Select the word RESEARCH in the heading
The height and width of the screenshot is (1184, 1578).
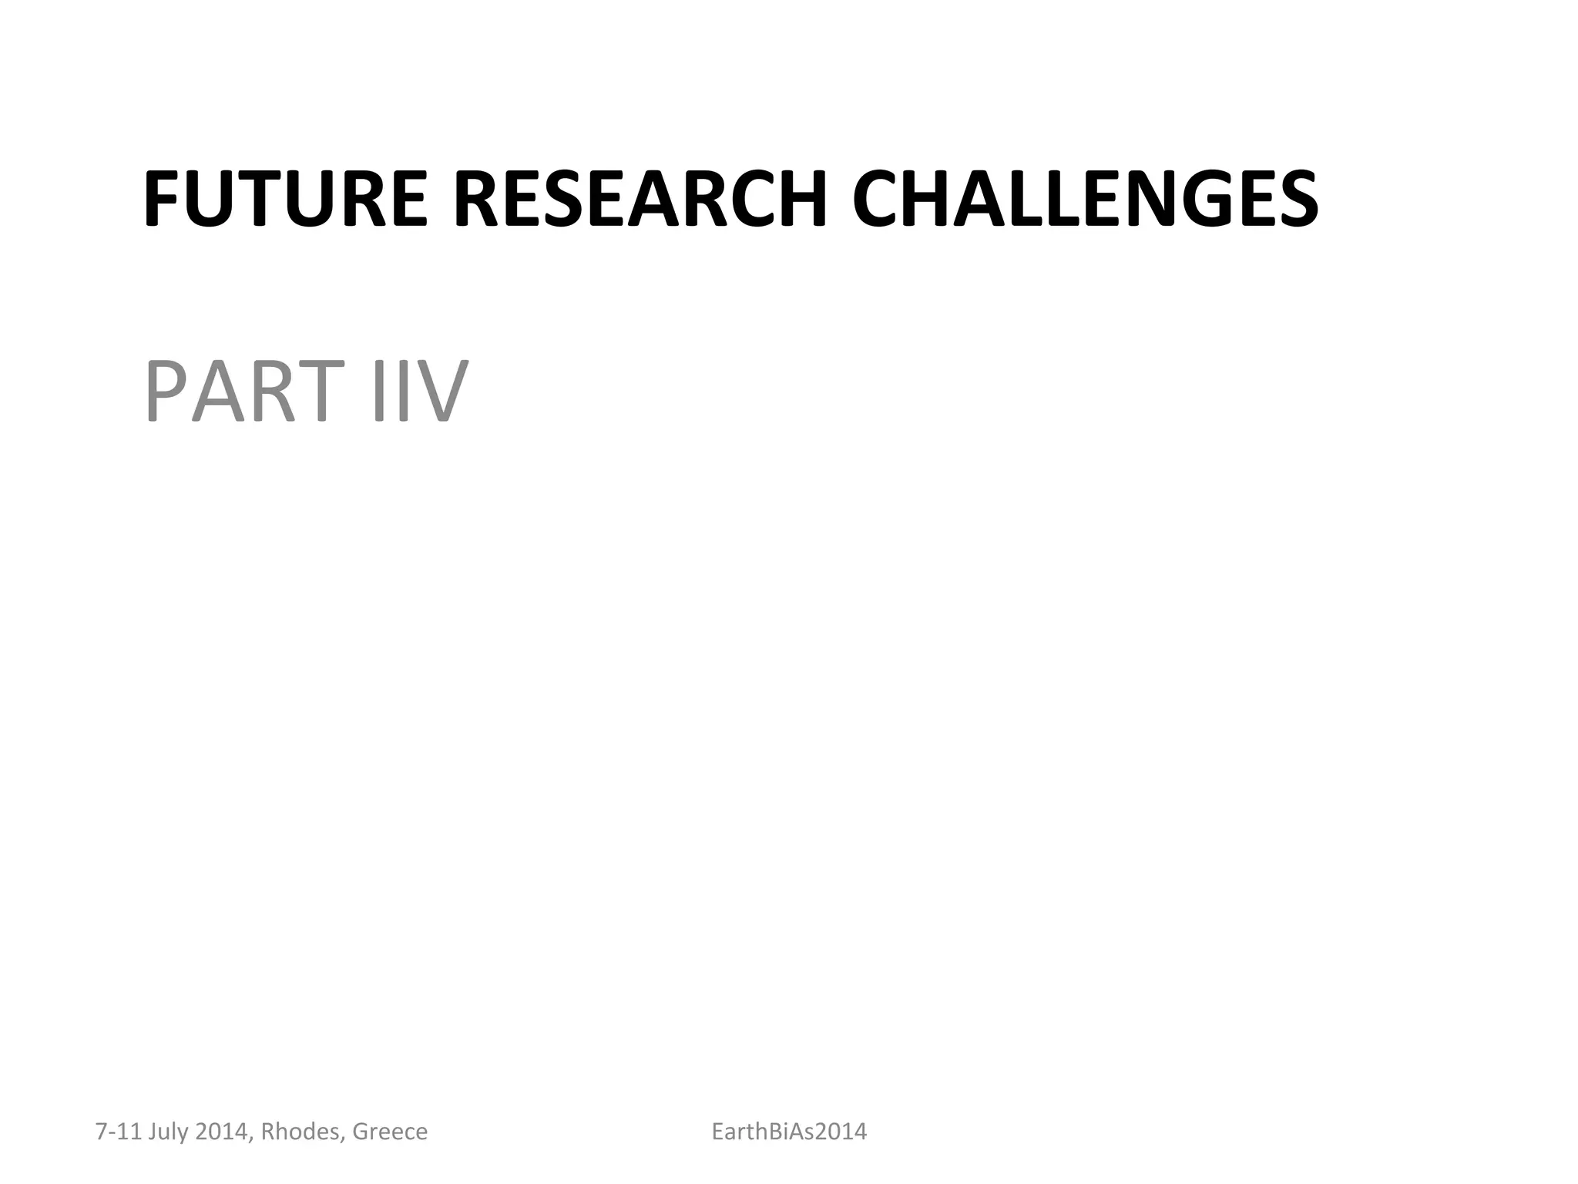640,200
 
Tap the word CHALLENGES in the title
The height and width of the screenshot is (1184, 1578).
1086,200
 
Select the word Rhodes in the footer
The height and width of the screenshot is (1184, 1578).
301,1132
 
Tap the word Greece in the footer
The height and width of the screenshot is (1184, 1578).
390,1132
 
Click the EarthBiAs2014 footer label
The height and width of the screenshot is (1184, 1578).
789,1132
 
